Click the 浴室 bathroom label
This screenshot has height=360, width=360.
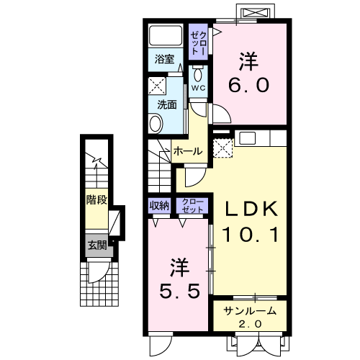point(164,59)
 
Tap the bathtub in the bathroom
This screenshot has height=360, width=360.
point(166,35)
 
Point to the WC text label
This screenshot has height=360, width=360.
point(198,88)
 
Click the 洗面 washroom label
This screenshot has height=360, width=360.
point(167,105)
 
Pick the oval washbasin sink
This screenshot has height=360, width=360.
point(156,124)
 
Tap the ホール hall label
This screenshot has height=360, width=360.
point(188,151)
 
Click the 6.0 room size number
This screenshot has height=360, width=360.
point(248,85)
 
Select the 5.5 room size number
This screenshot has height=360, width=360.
point(179,290)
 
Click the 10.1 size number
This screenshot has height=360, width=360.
point(251,234)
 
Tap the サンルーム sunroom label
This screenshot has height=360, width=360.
point(250,311)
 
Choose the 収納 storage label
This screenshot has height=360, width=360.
point(159,206)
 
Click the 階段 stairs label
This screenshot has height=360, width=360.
point(96,199)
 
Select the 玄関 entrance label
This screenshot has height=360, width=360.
point(97,246)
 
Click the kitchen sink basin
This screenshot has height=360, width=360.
point(248,138)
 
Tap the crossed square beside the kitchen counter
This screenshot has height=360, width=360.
point(223,148)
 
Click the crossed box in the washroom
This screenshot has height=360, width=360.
point(157,86)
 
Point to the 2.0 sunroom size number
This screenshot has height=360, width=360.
point(250,324)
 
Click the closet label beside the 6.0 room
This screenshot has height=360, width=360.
point(198,43)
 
